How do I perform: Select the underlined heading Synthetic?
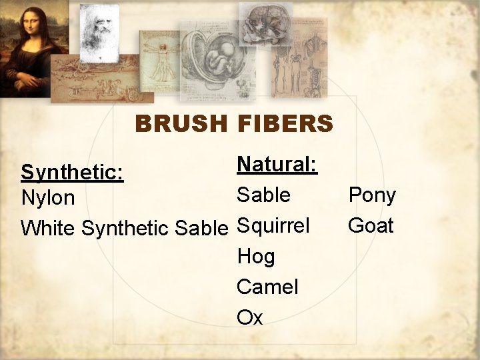tap(72, 172)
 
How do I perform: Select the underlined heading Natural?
tap(277, 164)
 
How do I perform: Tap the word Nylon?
tap(48, 199)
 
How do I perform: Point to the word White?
tap(49, 228)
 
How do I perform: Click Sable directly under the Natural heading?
tap(264, 195)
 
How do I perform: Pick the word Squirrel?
tap(273, 226)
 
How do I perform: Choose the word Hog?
tap(255, 257)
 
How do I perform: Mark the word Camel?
tap(267, 287)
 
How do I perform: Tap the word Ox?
tap(250, 318)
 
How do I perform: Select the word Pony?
tap(372, 195)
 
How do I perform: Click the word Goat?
tap(371, 225)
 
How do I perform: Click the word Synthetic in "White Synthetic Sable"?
tap(125, 228)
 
